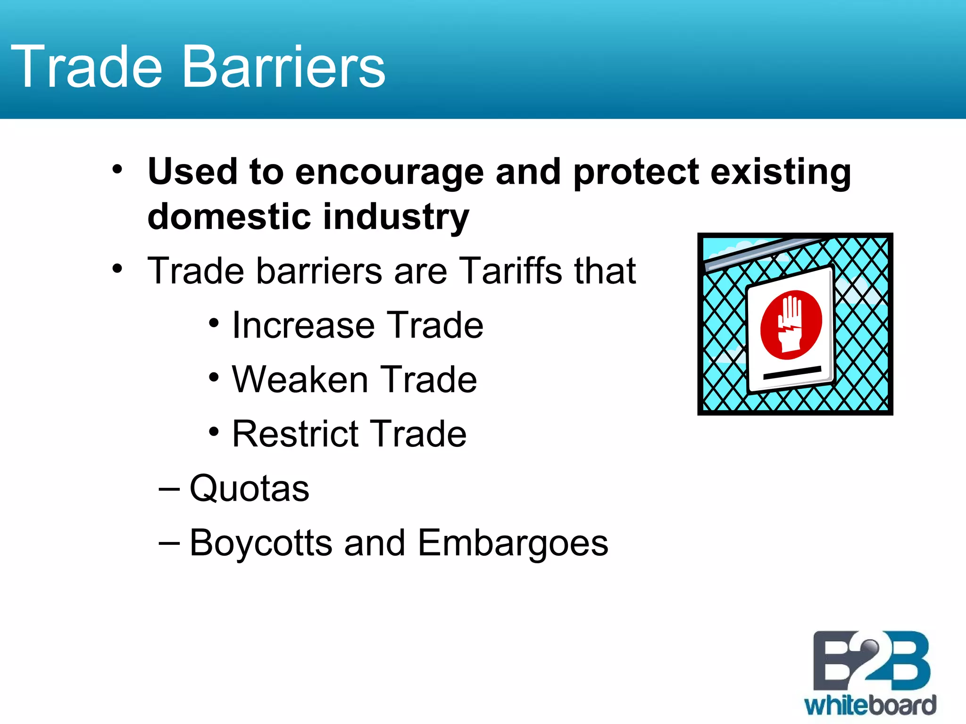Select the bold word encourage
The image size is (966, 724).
point(389,173)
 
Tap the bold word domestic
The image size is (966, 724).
point(229,217)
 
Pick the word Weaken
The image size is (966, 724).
point(300,379)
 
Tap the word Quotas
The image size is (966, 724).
point(249,489)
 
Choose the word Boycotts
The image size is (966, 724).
point(261,543)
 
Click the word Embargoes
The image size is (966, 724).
point(513,543)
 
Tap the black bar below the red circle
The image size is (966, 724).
point(792,373)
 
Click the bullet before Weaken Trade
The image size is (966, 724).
point(214,377)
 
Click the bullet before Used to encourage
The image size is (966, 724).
point(117,169)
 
